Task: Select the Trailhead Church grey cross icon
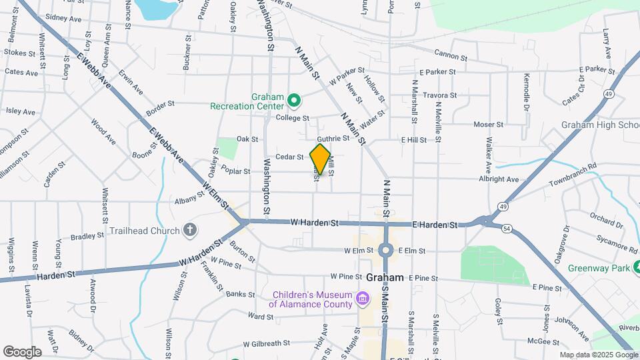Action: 190,231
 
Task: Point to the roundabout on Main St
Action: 385,251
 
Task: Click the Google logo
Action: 22,351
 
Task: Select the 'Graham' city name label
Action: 385,277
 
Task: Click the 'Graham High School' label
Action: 600,125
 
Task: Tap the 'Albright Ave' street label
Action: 498,179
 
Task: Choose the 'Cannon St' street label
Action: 447,53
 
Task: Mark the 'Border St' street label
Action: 160,104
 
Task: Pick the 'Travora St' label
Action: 440,95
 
